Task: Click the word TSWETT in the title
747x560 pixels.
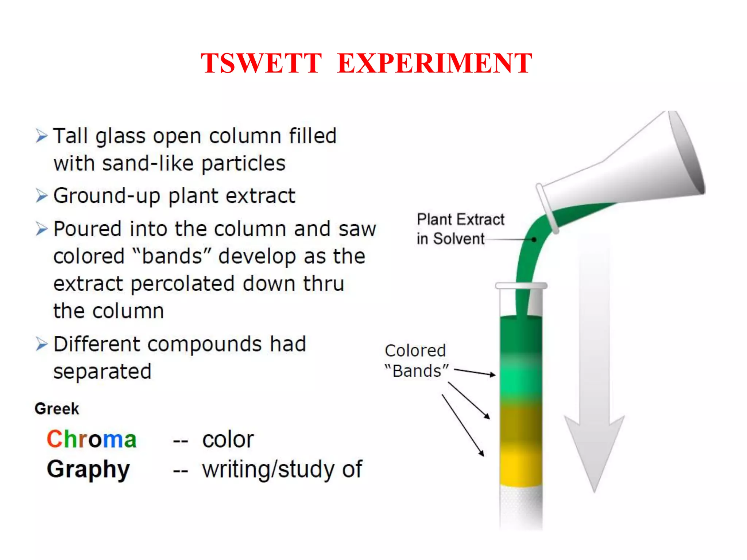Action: [x=261, y=63]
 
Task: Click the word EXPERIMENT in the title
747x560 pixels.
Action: [x=434, y=63]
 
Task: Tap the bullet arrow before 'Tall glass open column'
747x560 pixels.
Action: [x=42, y=136]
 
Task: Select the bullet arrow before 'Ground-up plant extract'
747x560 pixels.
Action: [x=42, y=196]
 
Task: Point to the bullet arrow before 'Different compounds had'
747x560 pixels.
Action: [x=42, y=344]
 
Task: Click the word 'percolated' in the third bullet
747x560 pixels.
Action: [x=182, y=284]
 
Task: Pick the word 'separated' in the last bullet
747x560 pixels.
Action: [x=102, y=372]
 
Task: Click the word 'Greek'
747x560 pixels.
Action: [x=57, y=409]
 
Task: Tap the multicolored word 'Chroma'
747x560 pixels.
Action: [x=92, y=439]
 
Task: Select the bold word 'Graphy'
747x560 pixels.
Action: [x=88, y=469]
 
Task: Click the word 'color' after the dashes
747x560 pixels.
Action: [x=228, y=439]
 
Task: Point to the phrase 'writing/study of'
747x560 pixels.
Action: [x=282, y=469]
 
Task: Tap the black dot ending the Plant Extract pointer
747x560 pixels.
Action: [x=534, y=240]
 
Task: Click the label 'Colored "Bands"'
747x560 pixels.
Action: [x=416, y=361]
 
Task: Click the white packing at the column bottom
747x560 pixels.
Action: [x=520, y=507]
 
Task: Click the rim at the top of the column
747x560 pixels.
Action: [x=521, y=285]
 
